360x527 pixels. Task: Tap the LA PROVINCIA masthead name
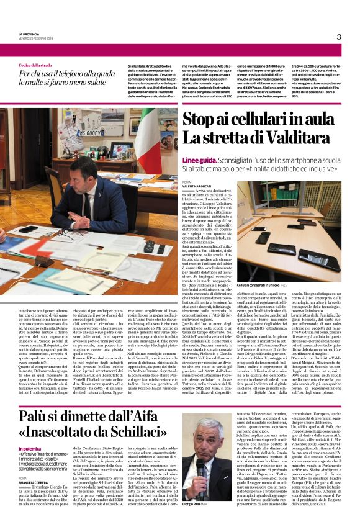point(28,34)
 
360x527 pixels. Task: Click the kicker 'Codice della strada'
point(34,65)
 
